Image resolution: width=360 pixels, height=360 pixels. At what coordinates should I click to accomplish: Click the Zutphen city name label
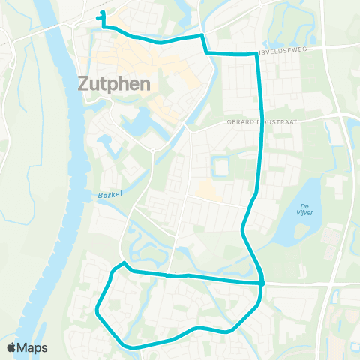pos(114,83)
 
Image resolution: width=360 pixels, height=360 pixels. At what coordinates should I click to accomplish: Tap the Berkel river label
pos(109,195)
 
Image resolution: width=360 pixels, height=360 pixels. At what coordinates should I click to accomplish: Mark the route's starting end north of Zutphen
pos(102,13)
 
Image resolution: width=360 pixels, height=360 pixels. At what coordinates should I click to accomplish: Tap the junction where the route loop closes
pos(262,283)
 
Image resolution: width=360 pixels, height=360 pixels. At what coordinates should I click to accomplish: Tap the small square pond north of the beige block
pos(220,164)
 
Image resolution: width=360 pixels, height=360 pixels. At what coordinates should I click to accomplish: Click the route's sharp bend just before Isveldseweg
pos(201,34)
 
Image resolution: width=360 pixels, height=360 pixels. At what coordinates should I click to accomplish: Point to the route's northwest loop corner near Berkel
pos(122,263)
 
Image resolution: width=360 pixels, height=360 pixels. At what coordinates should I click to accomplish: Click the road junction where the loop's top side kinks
pos(168,275)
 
